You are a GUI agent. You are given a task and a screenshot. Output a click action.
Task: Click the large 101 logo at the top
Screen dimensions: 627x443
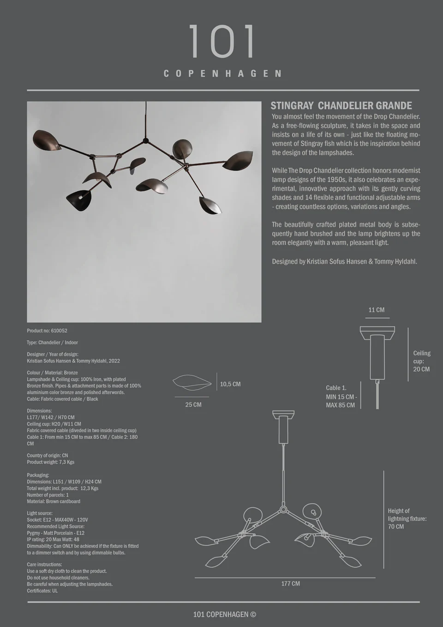222,42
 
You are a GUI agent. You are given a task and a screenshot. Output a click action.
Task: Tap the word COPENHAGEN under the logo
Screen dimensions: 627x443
222,74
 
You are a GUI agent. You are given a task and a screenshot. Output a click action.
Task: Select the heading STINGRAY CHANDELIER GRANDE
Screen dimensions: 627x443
341,106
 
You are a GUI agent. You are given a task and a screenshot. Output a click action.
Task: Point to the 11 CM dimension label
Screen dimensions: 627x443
376,310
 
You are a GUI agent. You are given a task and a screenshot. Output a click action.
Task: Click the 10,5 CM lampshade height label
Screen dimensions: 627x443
230,384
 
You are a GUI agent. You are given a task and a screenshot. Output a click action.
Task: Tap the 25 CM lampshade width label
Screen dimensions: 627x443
193,405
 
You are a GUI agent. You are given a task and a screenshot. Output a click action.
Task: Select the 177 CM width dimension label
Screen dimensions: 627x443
291,584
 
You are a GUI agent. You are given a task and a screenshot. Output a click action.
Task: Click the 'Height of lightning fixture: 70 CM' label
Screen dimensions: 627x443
407,518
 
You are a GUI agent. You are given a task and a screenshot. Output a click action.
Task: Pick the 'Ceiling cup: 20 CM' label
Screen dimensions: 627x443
421,361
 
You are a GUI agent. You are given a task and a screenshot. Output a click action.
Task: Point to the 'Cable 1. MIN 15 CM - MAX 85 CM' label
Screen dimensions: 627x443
341,396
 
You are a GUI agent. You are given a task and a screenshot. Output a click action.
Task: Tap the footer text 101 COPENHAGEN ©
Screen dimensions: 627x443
225,614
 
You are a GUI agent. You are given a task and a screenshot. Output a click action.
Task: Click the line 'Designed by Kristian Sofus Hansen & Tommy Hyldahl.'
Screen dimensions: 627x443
344,261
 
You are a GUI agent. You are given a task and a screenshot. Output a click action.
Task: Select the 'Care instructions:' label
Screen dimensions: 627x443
44,564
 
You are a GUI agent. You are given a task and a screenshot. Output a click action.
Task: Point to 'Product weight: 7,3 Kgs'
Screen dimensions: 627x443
51,462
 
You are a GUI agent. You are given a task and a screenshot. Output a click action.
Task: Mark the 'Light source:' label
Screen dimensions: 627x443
40,513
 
